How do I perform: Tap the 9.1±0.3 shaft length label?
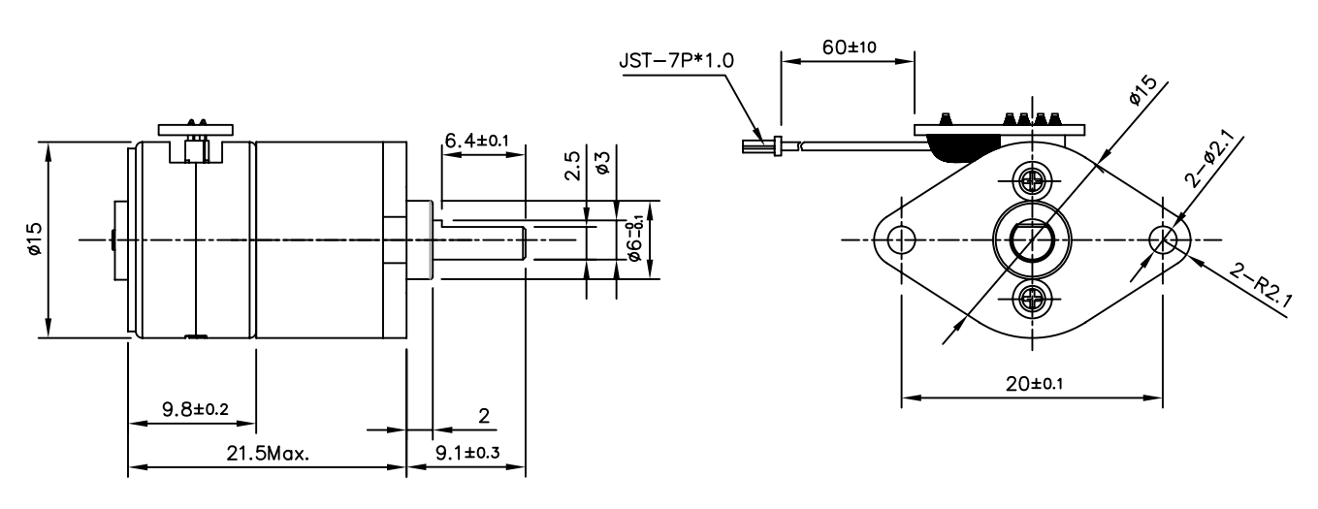tap(466, 453)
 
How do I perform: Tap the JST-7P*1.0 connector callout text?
tap(676, 60)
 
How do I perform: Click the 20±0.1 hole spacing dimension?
tap(1033, 383)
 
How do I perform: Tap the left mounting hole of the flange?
tap(901, 239)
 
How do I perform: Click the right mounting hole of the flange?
tap(1163, 239)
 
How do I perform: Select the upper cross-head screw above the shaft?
tap(1031, 179)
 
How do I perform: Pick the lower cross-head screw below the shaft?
tap(1031, 299)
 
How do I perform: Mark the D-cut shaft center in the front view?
tap(1031, 239)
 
